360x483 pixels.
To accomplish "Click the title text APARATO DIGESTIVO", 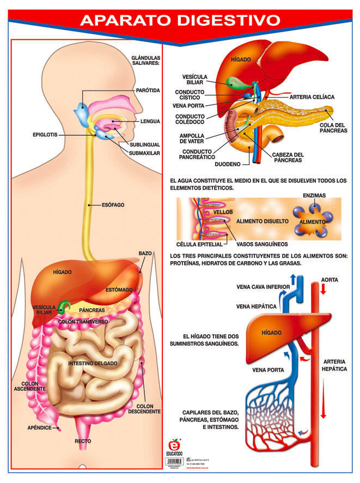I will point(180,20).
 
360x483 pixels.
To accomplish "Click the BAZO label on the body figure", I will point(145,254).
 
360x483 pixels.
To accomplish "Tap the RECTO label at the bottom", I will point(83,440).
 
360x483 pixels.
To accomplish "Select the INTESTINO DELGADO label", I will point(91,363).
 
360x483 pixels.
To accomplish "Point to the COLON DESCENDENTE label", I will point(148,408).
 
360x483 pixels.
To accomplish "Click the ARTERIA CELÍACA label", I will point(312,96).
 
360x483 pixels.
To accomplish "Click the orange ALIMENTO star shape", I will point(312,222).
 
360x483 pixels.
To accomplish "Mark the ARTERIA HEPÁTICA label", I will point(334,365).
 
